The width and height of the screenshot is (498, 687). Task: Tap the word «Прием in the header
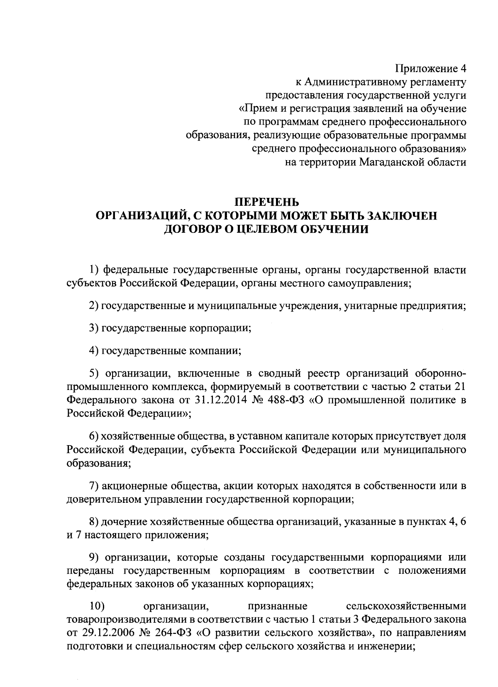pyautogui.click(x=260, y=109)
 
